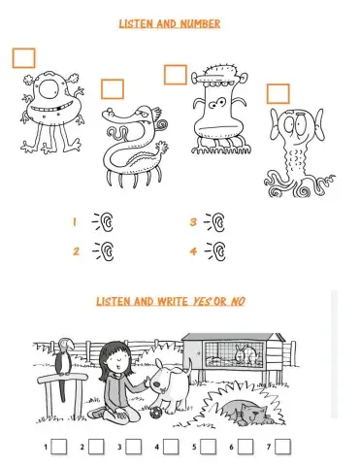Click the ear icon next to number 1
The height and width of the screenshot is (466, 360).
pyautogui.click(x=103, y=221)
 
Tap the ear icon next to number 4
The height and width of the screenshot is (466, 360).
pyautogui.click(x=215, y=251)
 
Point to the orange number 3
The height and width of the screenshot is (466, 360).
pyautogui.click(x=193, y=222)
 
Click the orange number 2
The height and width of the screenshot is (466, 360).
pyautogui.click(x=76, y=251)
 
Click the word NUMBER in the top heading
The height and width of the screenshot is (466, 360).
pyautogui.click(x=200, y=23)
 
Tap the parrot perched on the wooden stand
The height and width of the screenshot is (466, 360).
pyautogui.click(x=63, y=366)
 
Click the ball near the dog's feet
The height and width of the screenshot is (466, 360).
pyautogui.click(x=155, y=412)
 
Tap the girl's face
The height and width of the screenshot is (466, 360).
pyautogui.click(x=117, y=360)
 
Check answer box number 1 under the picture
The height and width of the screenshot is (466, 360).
pyautogui.click(x=59, y=447)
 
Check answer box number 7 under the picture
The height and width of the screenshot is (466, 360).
pyautogui.click(x=282, y=447)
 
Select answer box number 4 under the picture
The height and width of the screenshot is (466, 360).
pyautogui.click(x=171, y=447)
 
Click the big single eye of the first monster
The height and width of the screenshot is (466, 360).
pyautogui.click(x=50, y=87)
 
